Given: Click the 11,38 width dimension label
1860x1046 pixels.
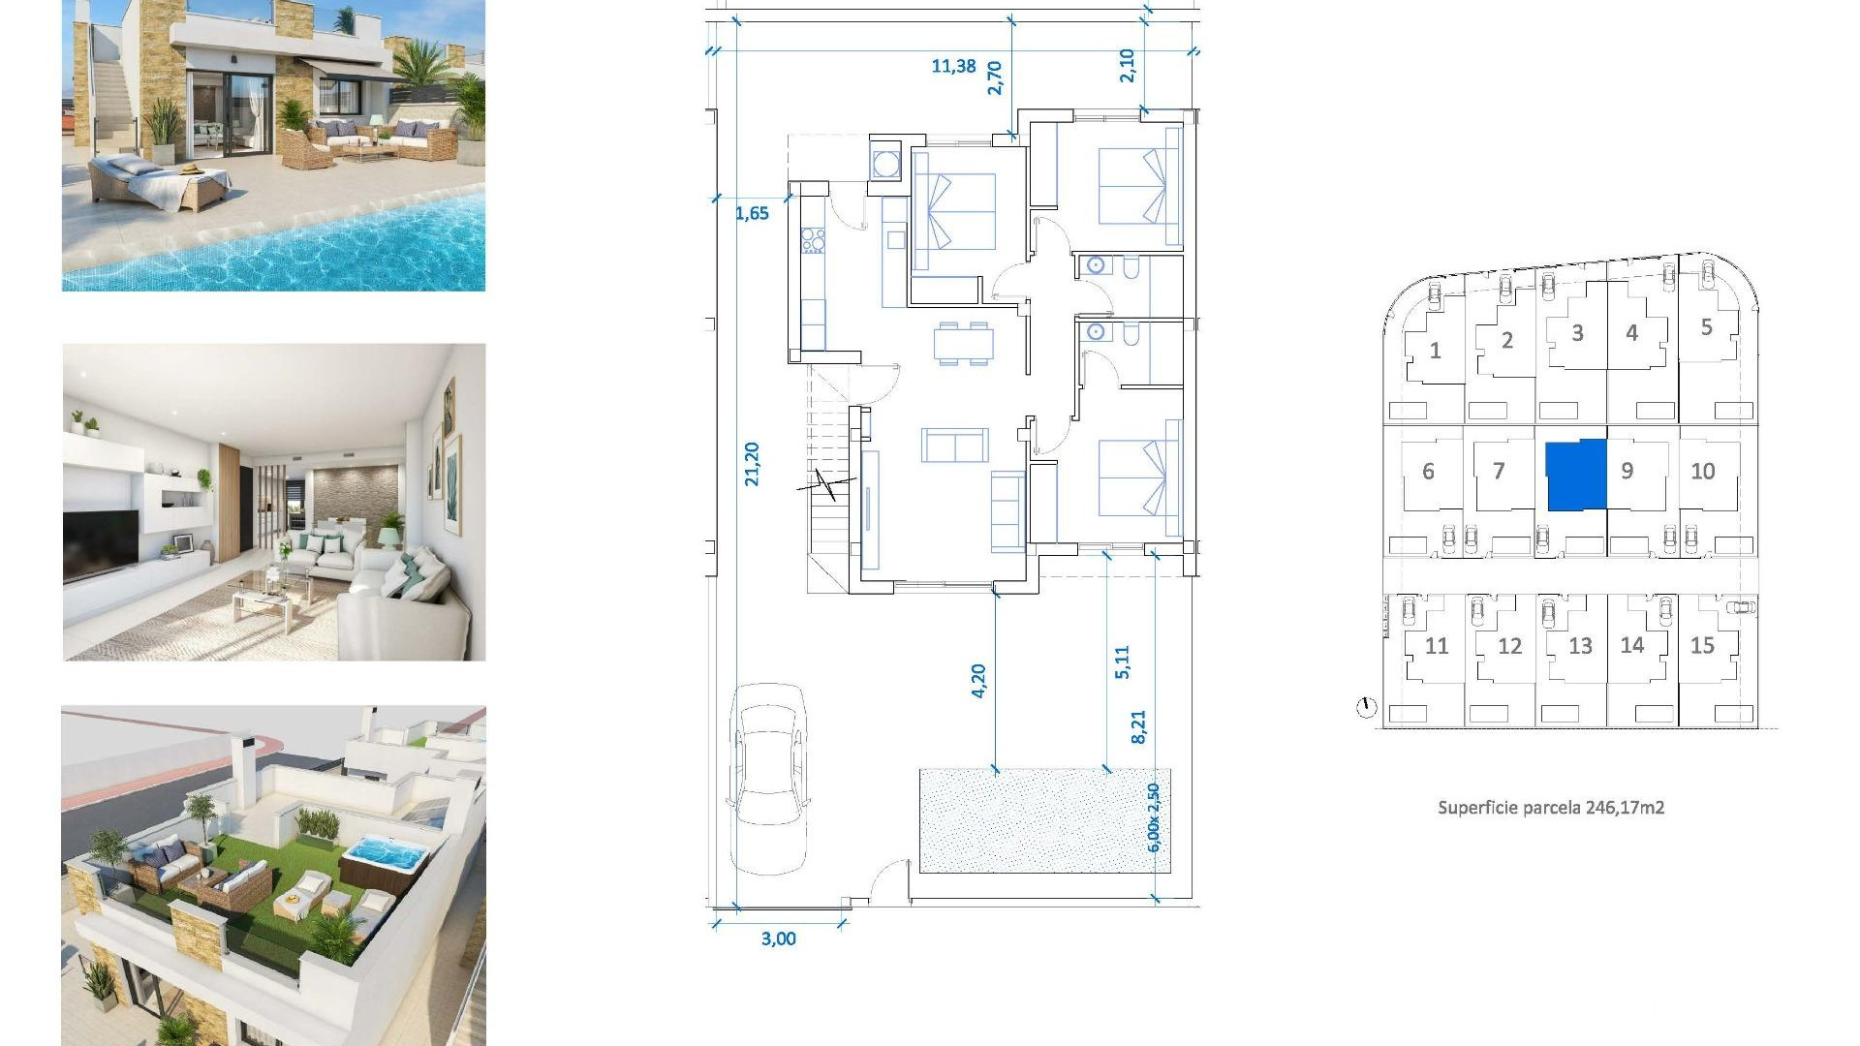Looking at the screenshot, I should click(x=953, y=66).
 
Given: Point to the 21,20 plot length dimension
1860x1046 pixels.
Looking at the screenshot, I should click(x=752, y=463).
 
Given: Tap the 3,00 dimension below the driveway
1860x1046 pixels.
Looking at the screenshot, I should click(x=778, y=938).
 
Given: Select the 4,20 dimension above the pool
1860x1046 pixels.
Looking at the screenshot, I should click(x=978, y=680).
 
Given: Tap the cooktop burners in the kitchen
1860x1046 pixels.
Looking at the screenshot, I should click(x=813, y=240).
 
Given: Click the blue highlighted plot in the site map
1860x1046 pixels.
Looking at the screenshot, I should click(x=1575, y=475).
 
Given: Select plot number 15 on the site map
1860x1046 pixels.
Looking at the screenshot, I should click(x=1702, y=646).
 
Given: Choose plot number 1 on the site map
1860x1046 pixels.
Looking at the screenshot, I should click(x=1435, y=351).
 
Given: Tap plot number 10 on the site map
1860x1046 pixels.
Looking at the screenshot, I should click(x=1702, y=472).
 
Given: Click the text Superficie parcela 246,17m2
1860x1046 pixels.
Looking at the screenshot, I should click(x=1550, y=807).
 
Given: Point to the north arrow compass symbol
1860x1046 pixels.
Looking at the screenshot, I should click(x=1366, y=708).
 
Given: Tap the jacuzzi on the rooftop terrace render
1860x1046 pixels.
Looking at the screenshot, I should click(x=386, y=856).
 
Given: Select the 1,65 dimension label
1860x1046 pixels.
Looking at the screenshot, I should click(x=752, y=213).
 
